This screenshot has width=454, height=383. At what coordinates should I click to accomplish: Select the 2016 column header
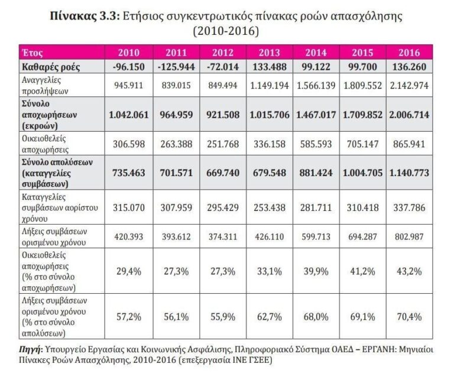410,52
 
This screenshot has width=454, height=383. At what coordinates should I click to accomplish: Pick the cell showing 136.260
410,67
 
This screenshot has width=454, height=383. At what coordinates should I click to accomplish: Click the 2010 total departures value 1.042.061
129,114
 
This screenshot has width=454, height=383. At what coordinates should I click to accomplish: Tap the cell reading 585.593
316,142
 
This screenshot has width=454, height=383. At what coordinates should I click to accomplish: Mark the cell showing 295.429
223,205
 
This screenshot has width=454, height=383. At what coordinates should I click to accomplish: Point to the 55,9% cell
223,316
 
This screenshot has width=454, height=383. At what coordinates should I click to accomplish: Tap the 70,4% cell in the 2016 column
410,316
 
